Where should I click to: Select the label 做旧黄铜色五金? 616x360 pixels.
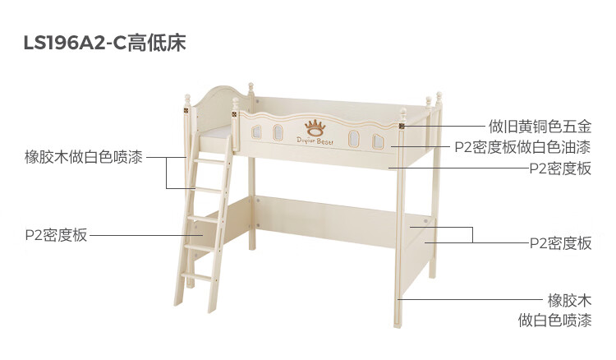pyautogui.click(x=540, y=127)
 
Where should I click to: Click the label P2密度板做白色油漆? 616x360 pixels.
pyautogui.click(x=522, y=148)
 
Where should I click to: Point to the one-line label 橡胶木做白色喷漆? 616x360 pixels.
pyautogui.click(x=84, y=157)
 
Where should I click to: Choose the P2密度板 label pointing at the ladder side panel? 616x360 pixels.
pyautogui.click(x=56, y=235)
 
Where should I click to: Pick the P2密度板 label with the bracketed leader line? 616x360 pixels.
pyautogui.click(x=560, y=243)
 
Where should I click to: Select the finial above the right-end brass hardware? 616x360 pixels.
pyautogui.click(x=403, y=107)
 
